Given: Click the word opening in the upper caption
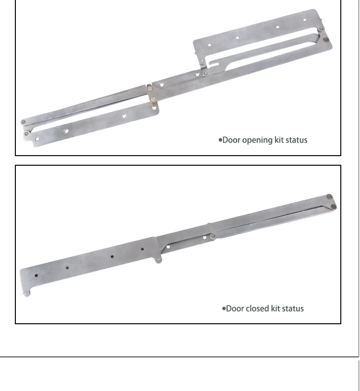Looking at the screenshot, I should coord(258,140).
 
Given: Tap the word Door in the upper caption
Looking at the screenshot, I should coord(232,140).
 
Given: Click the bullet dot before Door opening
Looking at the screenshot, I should coord(220,140).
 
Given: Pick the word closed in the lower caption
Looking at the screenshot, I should coord(257,308).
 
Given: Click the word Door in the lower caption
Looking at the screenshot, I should coord(235,308).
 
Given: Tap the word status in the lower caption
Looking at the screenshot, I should coord(292,308).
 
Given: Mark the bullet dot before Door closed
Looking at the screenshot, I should coord(224,308).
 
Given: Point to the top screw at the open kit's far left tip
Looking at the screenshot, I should coord(24,122).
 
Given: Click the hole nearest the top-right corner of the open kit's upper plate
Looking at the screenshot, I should coord(304,20).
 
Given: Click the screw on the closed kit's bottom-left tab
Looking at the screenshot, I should coord(25,293).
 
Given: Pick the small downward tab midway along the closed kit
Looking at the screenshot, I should coord(159,260).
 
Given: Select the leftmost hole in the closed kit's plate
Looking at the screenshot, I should coord(36,276).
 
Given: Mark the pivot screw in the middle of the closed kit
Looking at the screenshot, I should coord(212,235).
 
